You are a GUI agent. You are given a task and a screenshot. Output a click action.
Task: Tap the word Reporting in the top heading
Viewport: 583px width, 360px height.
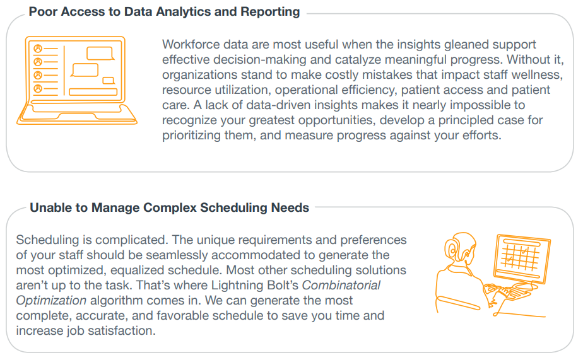(x=270, y=12)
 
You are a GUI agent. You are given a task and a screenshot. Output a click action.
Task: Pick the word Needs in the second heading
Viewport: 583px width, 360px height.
(x=290, y=207)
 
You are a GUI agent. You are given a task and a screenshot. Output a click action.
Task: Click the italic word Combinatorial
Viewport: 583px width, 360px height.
(x=341, y=286)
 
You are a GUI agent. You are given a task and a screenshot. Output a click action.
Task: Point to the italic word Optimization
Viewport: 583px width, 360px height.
(x=51, y=301)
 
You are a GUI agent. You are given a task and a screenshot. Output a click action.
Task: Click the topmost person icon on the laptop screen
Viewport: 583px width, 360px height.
(x=38, y=49)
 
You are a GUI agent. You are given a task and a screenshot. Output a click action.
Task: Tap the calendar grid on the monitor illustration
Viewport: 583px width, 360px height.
(x=520, y=257)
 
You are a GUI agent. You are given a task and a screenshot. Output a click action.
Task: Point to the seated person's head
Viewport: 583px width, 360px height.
(x=460, y=247)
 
